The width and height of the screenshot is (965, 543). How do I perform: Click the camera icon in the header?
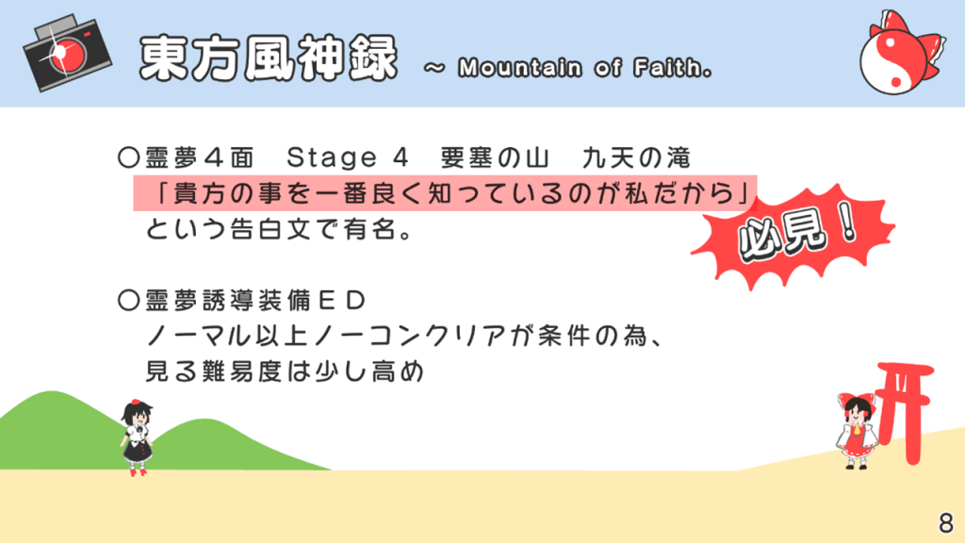tap(67, 53)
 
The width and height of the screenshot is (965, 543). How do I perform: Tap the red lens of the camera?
tap(65, 54)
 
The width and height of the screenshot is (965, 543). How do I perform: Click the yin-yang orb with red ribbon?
tap(901, 53)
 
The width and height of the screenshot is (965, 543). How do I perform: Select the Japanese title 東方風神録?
tap(269, 58)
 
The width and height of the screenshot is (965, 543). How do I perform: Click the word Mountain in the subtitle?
tap(520, 68)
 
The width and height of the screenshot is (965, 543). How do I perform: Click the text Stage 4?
tap(347, 158)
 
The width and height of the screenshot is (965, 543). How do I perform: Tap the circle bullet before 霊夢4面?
tap(128, 158)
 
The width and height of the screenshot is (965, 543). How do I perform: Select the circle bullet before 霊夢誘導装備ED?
tap(128, 301)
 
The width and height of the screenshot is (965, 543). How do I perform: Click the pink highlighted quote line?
tap(445, 193)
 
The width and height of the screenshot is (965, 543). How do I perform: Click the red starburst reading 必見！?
tap(793, 236)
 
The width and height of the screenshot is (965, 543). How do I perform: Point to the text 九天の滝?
tap(636, 158)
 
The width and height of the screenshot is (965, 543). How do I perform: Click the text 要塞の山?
tap(494, 158)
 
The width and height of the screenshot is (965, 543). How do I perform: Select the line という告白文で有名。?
tap(279, 230)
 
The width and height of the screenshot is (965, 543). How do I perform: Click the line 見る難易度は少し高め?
tap(285, 371)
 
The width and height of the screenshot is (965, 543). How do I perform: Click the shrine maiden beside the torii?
tap(856, 430)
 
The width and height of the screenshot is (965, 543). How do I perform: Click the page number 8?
tap(946, 522)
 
